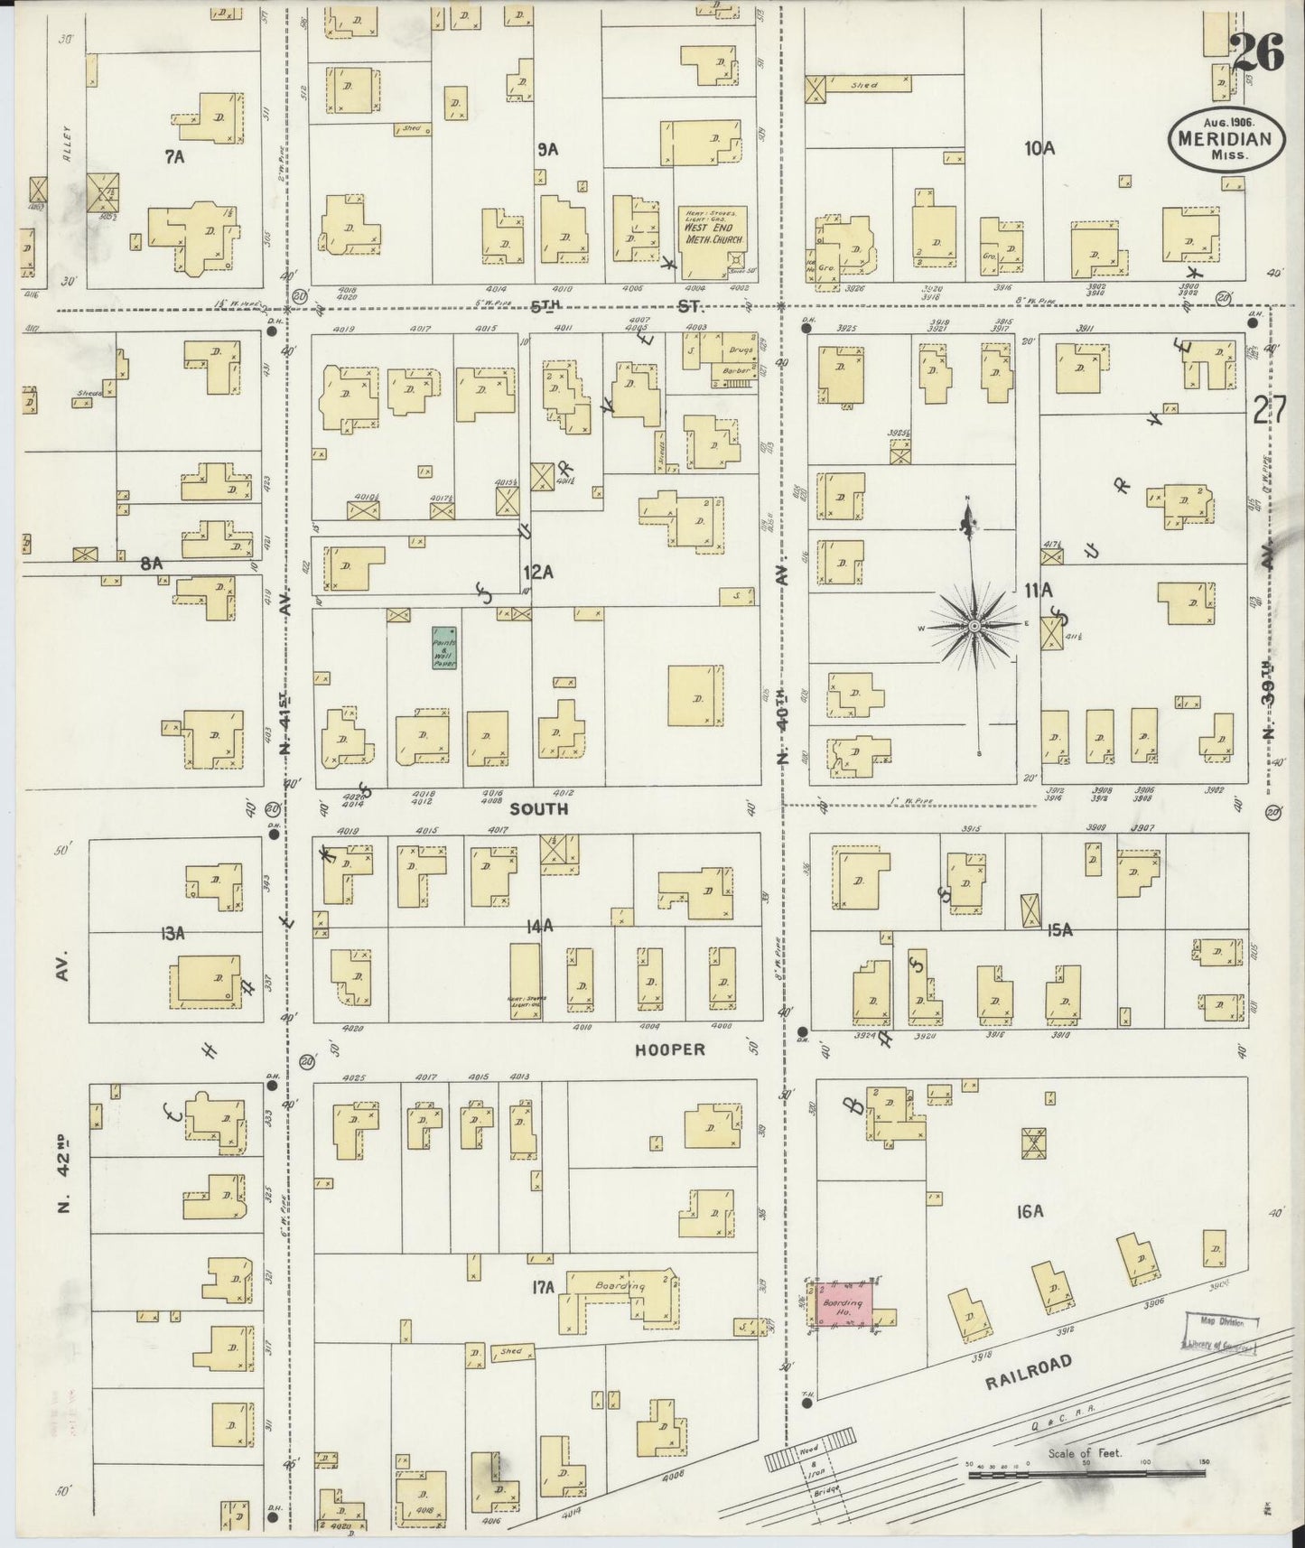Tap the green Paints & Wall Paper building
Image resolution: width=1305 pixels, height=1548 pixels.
(444, 648)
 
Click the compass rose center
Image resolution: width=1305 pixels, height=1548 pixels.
(974, 625)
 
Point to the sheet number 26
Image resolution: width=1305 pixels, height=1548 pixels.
(1256, 56)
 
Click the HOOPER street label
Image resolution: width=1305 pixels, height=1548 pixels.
(669, 1050)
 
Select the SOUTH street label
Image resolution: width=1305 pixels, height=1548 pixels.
(539, 809)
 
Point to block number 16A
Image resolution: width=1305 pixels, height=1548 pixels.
(1028, 1212)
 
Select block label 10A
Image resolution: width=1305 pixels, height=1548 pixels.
(1039, 149)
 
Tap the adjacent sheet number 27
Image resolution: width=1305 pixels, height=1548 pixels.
(1269, 409)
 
